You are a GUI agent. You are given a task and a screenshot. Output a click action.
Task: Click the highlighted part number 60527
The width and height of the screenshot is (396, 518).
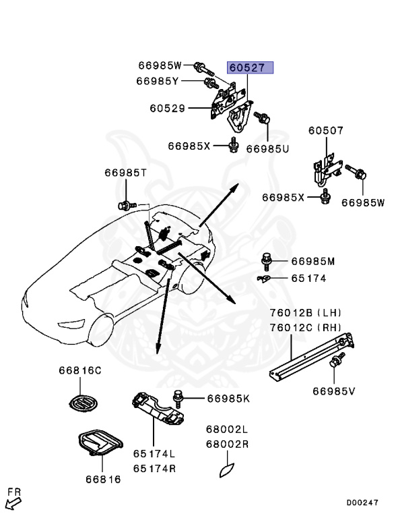point(250,67)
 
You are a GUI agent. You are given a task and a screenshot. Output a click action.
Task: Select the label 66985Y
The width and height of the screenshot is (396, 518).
point(157,81)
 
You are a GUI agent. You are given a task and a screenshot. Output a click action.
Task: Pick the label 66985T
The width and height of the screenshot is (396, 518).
point(125,173)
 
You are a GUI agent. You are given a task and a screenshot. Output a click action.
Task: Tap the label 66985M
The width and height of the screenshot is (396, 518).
point(313,261)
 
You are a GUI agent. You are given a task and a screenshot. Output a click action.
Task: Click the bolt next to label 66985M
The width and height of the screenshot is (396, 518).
point(266,259)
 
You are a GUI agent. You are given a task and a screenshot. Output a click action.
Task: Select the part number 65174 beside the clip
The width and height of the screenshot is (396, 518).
point(309,277)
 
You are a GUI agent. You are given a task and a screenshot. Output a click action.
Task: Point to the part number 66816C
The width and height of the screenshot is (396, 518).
point(79,370)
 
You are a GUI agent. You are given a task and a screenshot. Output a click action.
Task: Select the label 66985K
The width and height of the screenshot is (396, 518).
point(228,398)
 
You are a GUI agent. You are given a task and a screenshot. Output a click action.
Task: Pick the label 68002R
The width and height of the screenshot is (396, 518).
point(227,444)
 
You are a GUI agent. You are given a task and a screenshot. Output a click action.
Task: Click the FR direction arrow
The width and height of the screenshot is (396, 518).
point(12,500)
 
